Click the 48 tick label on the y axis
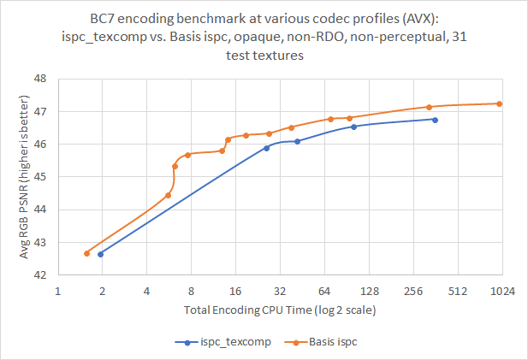pos(40,79)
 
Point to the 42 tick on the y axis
pos(40,274)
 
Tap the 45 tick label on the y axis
pos(40,177)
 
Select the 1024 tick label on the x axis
pos(501,292)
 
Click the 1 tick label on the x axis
pos(57,292)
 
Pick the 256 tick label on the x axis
pos(413,292)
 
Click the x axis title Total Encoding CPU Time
pos(279,309)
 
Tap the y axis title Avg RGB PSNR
pos(25,177)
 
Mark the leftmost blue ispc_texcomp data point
pos(100,254)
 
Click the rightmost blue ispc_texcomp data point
pos(435,120)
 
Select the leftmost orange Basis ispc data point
pos(86,253)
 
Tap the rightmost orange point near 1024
pos(499,103)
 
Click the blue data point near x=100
pos(353,127)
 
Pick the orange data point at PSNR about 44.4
pos(168,195)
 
